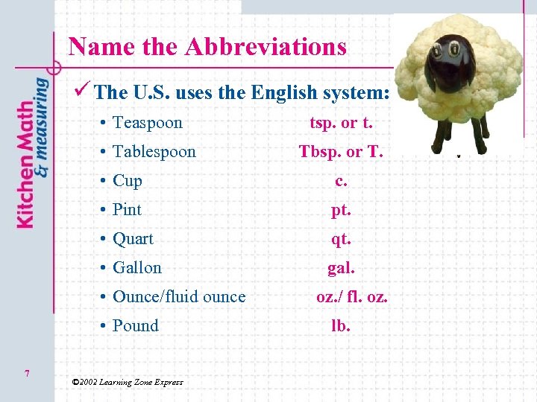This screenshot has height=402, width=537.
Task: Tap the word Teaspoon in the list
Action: coord(147,123)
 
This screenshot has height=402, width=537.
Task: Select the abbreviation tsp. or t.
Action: coord(341,123)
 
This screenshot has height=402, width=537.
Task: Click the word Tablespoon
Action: coord(154,152)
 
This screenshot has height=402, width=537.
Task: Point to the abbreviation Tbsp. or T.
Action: coord(341,152)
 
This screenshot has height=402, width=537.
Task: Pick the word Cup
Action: coord(127,181)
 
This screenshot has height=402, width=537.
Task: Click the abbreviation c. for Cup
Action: coord(341,181)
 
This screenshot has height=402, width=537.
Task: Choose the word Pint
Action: coord(127,210)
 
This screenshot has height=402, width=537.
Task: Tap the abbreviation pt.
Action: coord(341,210)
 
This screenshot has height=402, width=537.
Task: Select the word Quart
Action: coord(133,239)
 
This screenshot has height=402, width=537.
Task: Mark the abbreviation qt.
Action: coord(341,239)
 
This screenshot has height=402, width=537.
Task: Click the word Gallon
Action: coord(136,268)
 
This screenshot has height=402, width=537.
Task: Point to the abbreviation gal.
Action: coord(341,268)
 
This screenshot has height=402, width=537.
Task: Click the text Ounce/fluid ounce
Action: coord(178,297)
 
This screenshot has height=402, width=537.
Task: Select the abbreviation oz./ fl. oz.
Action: coord(351,297)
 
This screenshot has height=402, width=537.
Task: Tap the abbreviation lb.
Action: coord(341,326)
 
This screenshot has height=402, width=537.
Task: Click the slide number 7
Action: coord(27,374)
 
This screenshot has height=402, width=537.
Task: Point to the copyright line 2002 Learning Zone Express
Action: coord(127,382)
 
